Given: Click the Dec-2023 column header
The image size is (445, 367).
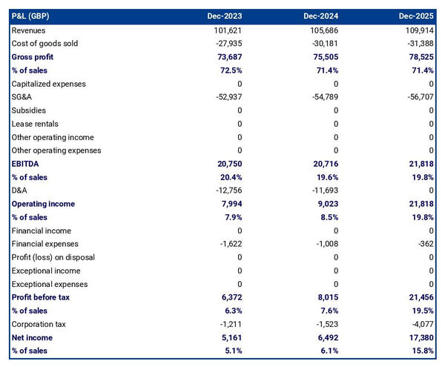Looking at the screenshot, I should tap(225, 16).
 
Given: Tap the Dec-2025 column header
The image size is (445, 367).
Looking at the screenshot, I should tap(416, 16).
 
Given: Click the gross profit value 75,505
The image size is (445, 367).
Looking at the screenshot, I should tap(325, 57).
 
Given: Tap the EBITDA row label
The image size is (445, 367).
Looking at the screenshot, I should tap(27, 164).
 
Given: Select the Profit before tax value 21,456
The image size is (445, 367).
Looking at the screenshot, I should tap(420, 297).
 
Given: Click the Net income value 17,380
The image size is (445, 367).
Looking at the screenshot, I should tap(420, 337).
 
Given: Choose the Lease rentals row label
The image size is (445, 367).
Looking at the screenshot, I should tap(35, 124).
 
